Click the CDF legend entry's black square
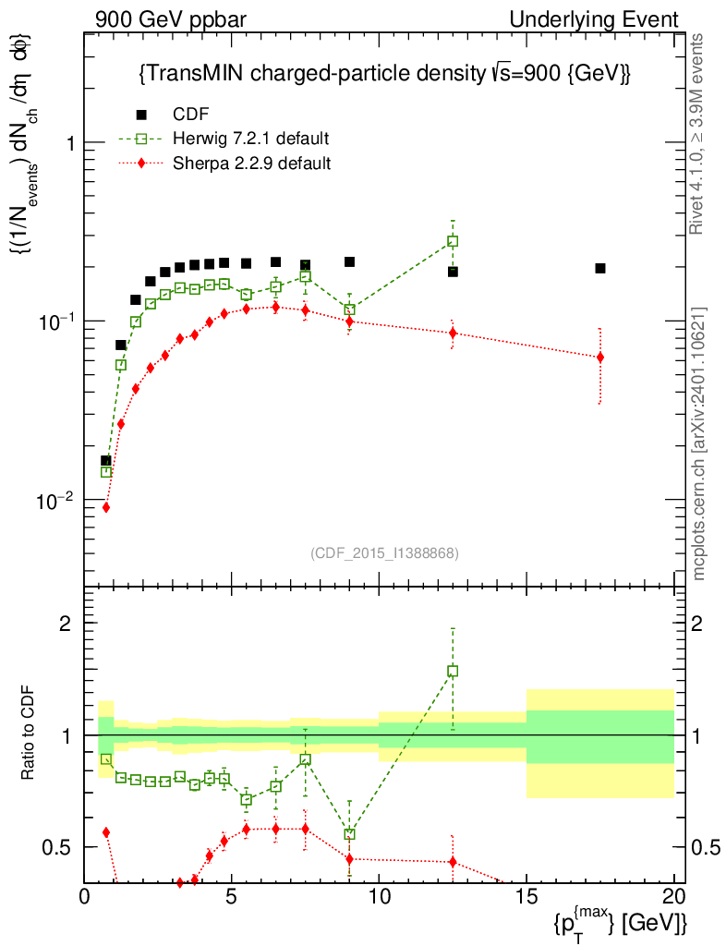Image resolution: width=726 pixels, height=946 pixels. click(141, 115)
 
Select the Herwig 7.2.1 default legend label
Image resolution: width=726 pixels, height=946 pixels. click(251, 139)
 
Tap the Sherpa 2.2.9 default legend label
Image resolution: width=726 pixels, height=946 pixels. click(251, 164)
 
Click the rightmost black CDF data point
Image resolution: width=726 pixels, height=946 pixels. click(600, 268)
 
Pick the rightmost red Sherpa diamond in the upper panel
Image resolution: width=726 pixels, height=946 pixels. click(600, 358)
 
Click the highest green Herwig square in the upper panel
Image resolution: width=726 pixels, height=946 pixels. click(453, 241)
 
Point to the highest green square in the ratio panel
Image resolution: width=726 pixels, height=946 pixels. click(453, 672)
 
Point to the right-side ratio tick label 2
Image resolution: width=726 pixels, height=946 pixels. click(701, 623)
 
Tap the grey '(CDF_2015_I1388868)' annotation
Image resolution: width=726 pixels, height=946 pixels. click(383, 552)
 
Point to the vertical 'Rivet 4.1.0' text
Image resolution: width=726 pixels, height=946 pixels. click(699, 134)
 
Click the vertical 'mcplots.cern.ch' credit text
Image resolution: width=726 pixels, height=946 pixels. click(699, 443)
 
